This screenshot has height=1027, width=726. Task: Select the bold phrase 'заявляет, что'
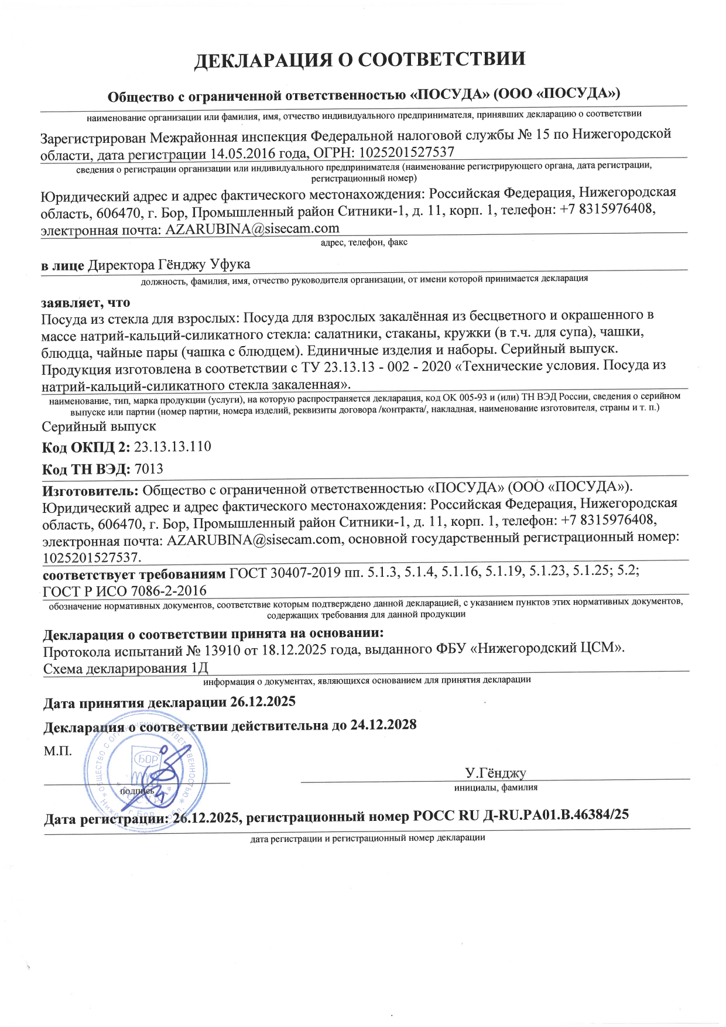click(x=85, y=302)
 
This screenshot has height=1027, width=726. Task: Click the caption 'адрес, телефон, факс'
click(x=364, y=242)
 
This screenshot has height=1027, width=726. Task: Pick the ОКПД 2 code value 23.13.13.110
click(x=173, y=447)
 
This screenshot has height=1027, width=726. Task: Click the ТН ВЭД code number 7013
click(x=149, y=469)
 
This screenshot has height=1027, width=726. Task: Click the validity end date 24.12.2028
click(x=383, y=725)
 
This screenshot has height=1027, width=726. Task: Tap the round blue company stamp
click(x=146, y=773)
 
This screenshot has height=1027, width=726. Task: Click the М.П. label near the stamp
click(x=58, y=751)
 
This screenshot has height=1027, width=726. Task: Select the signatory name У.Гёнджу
click(x=495, y=773)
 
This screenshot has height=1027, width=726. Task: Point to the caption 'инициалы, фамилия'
click(x=495, y=788)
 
